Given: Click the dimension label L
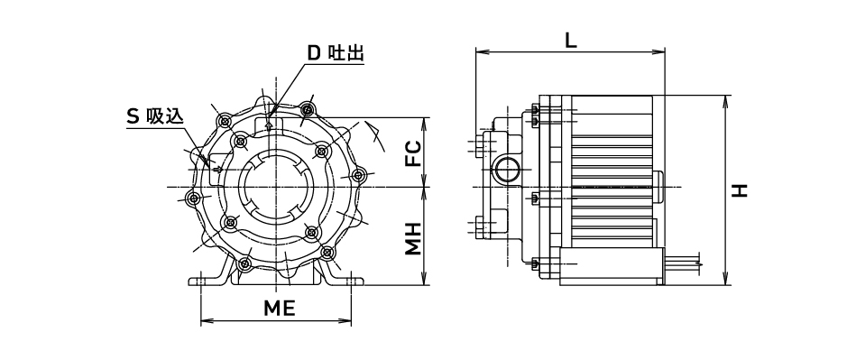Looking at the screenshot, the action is [570, 40].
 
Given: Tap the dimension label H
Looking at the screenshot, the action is [740, 190].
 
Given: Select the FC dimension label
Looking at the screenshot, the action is [413, 153].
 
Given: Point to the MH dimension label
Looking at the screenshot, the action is [413, 238].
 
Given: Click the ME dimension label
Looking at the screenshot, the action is [280, 309].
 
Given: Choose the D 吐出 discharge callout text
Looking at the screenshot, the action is [336, 53].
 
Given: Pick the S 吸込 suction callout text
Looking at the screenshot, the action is [155, 116].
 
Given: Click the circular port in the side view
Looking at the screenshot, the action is [508, 170].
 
